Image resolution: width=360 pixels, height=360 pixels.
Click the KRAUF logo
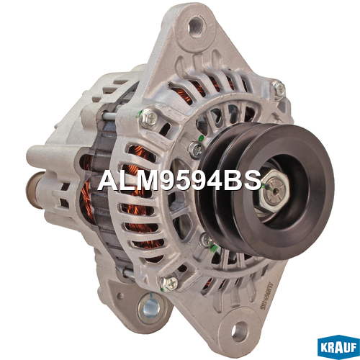pos(338,347)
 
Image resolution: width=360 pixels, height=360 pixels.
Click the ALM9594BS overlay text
pos(179,180)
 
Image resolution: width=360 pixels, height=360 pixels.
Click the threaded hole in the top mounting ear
pos(197,27)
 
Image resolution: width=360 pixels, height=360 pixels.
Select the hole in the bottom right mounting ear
pos(239,331)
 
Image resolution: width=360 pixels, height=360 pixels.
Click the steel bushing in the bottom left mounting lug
pos(149,308)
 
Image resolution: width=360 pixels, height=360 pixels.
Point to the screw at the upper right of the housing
pos(279,89)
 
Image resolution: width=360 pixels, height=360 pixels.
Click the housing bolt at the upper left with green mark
pos(148,118)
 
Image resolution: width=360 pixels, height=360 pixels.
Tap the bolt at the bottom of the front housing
pos(169,283)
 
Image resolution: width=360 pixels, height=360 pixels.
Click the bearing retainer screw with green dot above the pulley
pos(196,149)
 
